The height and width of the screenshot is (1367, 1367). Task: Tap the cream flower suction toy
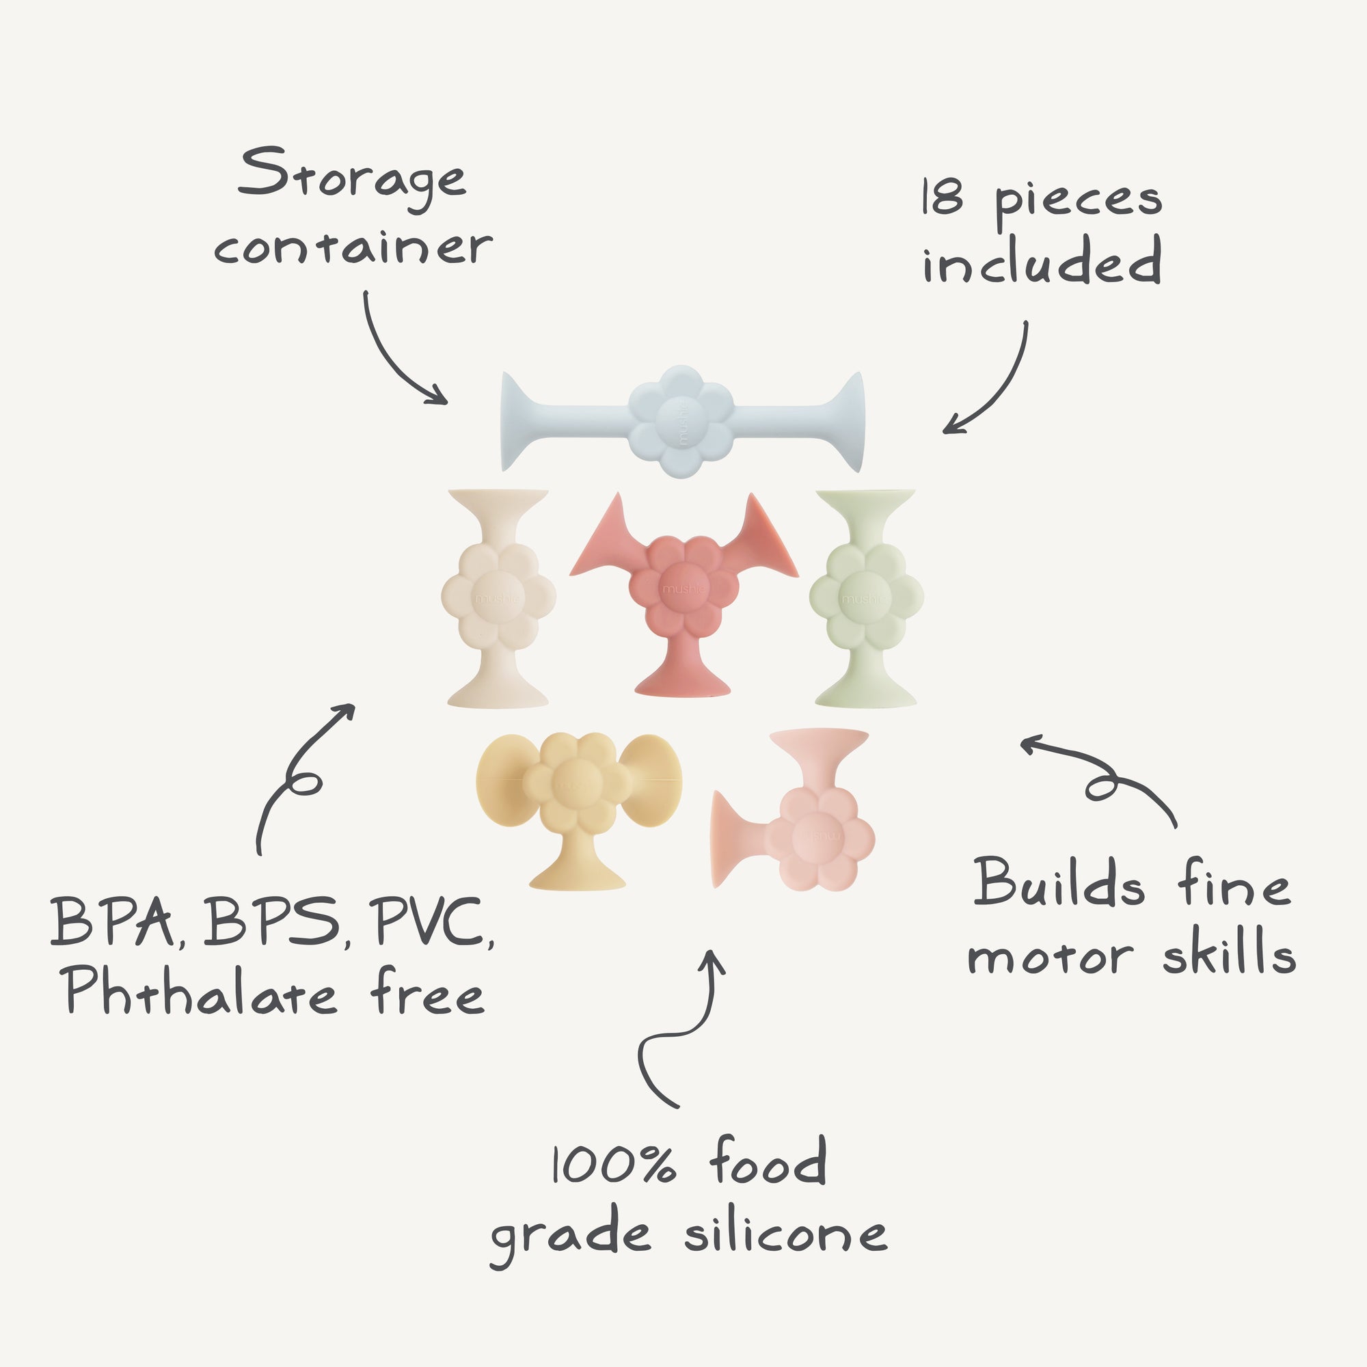tap(498, 598)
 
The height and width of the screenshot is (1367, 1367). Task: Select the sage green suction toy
tap(866, 598)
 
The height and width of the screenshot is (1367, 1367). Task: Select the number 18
tap(943, 198)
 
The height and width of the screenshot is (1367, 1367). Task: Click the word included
tap(1042, 262)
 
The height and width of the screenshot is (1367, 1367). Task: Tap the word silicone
tap(785, 1234)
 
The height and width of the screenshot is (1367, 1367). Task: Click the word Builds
tap(1059, 884)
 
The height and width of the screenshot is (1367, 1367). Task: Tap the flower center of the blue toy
tap(680, 422)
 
